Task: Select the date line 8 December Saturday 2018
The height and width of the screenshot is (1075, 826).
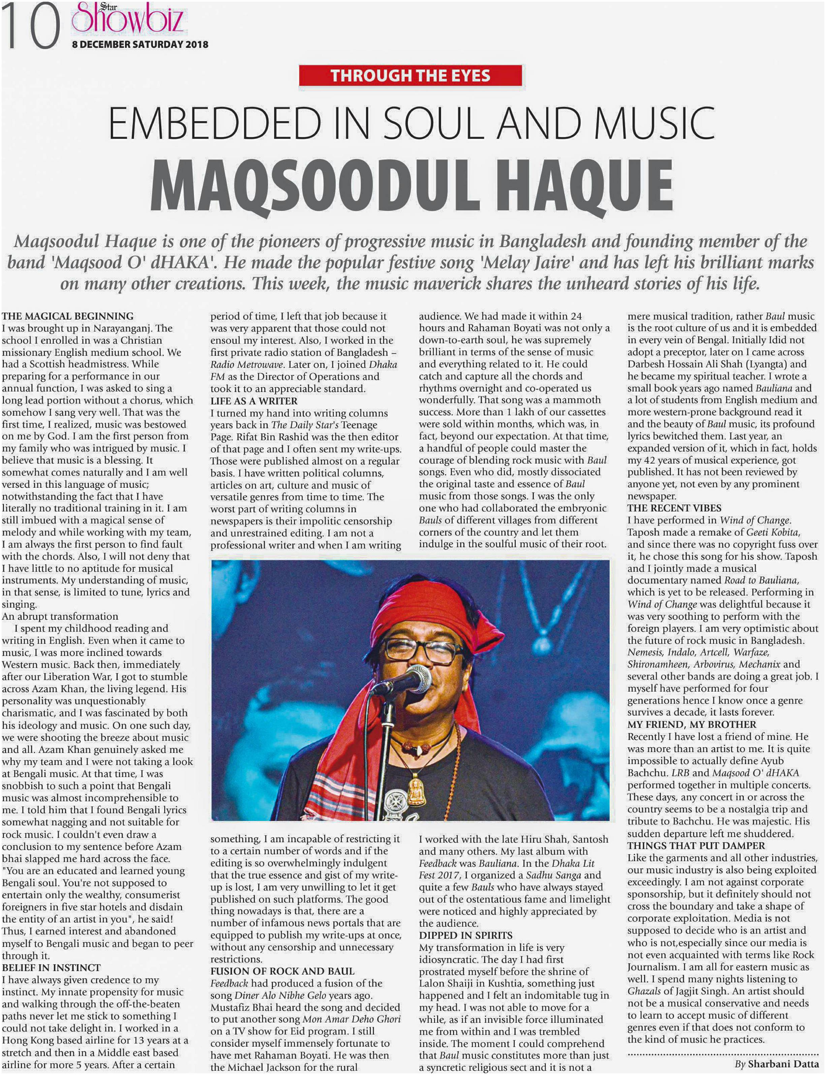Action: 140,44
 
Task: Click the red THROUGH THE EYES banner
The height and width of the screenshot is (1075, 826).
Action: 410,76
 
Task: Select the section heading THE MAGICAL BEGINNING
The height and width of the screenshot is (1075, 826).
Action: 68,316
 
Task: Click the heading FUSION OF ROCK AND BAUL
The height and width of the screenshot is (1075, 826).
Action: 282,971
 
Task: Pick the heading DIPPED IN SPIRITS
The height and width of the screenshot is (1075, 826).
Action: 466,935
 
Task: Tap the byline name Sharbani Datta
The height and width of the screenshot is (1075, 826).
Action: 783,1065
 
